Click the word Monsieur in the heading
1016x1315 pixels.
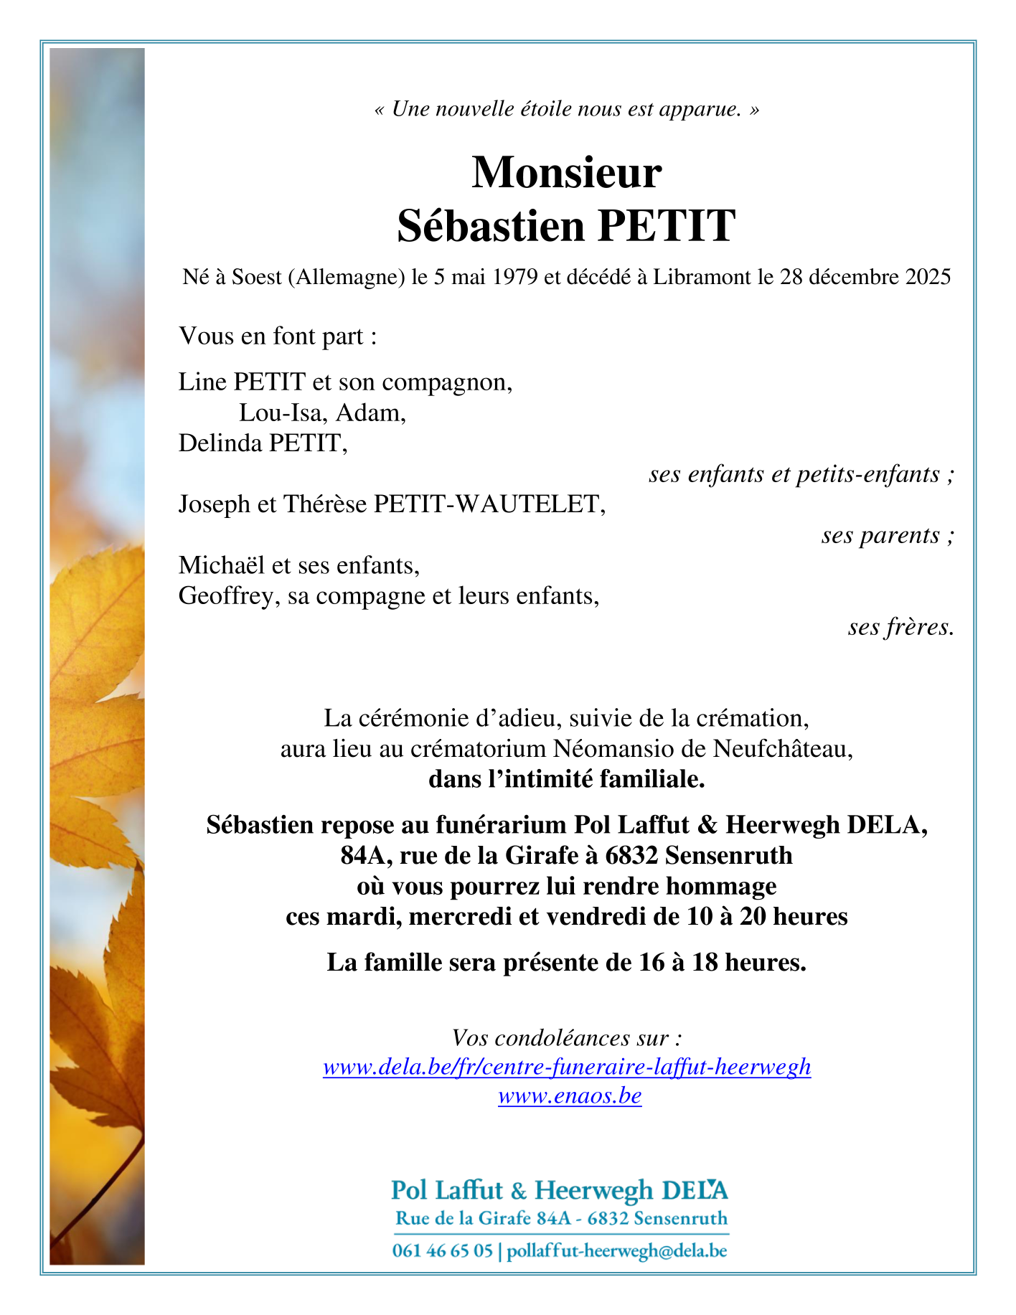[x=566, y=173]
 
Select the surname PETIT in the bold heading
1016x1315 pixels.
[x=666, y=226]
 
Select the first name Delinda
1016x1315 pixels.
[x=220, y=443]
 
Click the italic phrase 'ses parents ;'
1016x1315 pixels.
[x=888, y=535]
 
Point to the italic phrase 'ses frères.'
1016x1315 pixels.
[x=900, y=627]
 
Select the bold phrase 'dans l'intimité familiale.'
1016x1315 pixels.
[x=566, y=779]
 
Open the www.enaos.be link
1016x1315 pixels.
[x=570, y=1096]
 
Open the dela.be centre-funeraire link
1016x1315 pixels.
[x=567, y=1067]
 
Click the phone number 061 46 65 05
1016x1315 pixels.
[x=442, y=1251]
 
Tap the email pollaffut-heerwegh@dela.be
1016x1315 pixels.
[x=617, y=1251]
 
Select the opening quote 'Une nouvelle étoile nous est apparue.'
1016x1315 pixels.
[x=566, y=109]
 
